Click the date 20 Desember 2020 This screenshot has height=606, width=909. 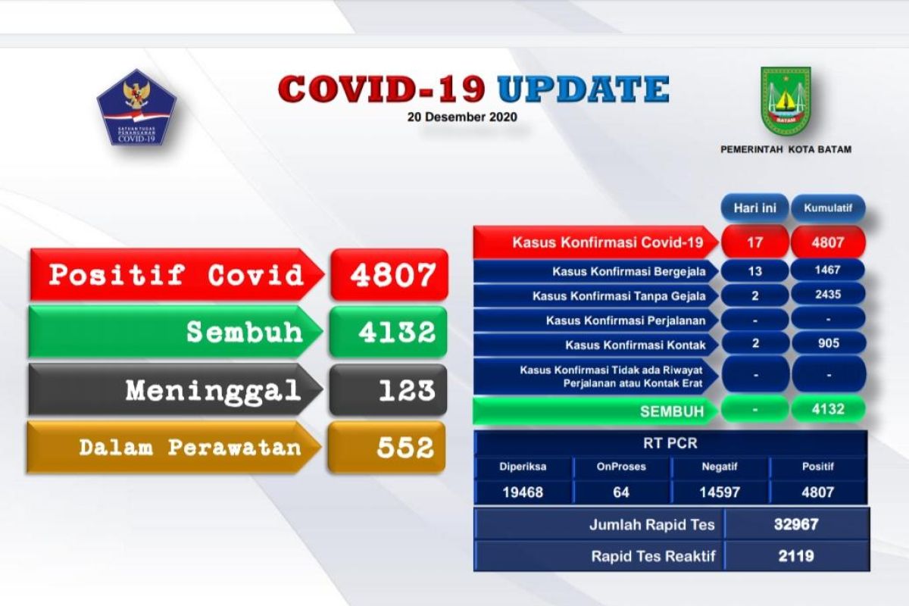tap(462, 117)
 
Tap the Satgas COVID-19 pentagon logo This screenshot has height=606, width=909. tap(136, 108)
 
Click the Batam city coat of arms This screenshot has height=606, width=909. tap(786, 101)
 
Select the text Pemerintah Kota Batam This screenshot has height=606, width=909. tap(786, 149)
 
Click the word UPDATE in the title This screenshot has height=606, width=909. tap(583, 89)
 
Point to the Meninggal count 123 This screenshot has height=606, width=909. tap(407, 390)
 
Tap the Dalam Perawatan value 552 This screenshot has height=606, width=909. tap(405, 448)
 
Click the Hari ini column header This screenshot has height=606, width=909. tap(754, 208)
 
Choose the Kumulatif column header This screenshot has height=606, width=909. tap(828, 208)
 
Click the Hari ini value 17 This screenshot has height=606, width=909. tap(754, 242)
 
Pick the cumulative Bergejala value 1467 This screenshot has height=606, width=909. tap(828, 270)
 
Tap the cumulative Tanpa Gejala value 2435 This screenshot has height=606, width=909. tap(828, 294)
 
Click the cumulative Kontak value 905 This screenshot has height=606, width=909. tap(828, 343)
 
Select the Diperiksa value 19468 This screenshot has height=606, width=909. tap(523, 492)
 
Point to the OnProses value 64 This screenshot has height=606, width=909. tap(621, 492)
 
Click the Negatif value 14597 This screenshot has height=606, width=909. tap(720, 492)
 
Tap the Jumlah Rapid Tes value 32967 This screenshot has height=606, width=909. tap(796, 524)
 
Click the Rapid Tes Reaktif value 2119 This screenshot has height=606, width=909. tap(796, 556)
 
